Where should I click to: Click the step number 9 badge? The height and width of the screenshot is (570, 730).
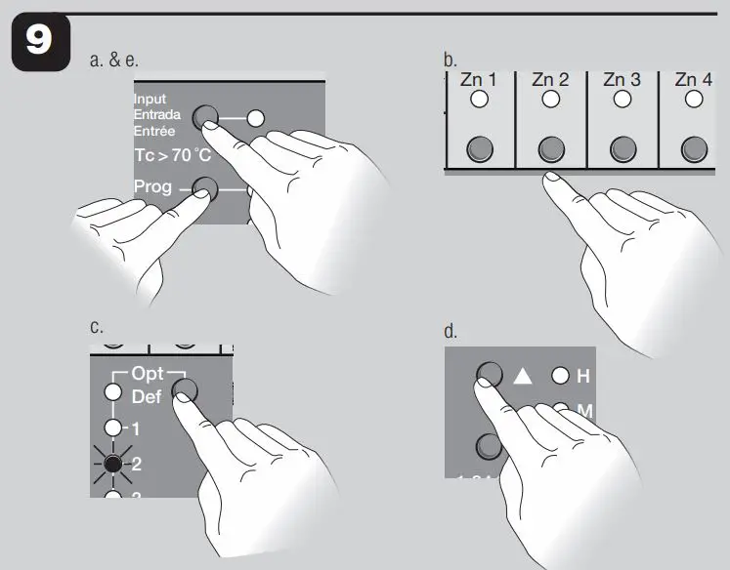point(41,47)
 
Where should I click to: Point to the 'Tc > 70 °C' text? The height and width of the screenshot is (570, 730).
point(172,155)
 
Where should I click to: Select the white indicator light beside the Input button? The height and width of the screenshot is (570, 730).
point(256,119)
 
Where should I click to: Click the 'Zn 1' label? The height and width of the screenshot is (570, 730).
point(479,79)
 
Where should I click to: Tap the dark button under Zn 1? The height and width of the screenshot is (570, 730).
point(479,147)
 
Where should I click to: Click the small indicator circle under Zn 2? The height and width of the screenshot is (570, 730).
point(550,100)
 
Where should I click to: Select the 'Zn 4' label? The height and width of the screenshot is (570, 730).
point(693,79)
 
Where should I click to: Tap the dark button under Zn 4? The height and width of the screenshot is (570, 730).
point(694,147)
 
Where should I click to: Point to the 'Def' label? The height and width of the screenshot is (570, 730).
point(147,397)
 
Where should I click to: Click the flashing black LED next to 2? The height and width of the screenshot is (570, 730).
point(114,464)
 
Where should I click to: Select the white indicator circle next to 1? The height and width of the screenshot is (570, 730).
point(114,428)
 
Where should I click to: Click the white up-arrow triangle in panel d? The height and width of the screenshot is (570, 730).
point(522,376)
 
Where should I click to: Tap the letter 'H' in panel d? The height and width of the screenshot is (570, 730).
point(583,376)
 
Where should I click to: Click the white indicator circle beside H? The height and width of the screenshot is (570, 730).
point(561,376)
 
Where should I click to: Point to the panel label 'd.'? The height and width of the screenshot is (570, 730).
point(451,331)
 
